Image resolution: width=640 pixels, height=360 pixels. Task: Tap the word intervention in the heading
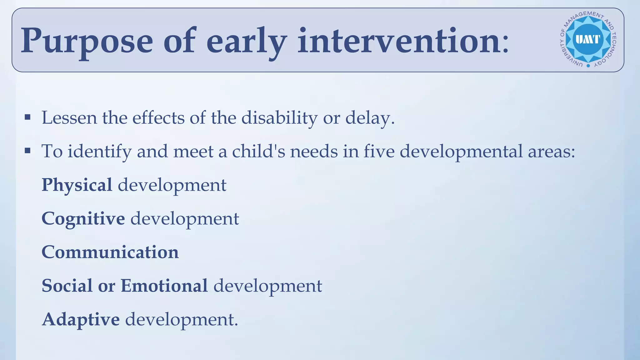point(399,41)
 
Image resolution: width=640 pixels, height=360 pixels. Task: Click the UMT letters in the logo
point(588,39)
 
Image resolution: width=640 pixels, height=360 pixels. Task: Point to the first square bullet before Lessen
point(27,117)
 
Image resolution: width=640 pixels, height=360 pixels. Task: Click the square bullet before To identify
point(27,151)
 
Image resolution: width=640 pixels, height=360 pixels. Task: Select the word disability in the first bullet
point(279,118)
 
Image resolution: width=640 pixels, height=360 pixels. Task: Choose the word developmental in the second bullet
point(461,152)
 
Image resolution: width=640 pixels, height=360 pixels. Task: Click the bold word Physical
point(77,185)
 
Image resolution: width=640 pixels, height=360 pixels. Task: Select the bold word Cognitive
point(83,219)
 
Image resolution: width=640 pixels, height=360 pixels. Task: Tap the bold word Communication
point(110,252)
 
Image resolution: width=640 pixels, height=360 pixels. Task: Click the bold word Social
point(67,286)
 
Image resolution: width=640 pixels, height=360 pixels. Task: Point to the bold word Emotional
point(164,286)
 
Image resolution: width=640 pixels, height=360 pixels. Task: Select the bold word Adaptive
point(81,319)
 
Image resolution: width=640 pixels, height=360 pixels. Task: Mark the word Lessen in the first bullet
point(69,118)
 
